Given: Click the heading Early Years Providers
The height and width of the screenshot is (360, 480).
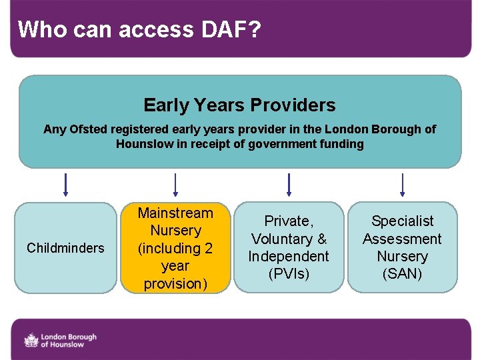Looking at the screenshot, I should tap(239, 105).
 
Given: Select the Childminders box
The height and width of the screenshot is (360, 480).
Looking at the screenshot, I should tap(65, 248).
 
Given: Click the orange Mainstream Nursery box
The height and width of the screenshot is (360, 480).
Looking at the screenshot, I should tap(175, 248).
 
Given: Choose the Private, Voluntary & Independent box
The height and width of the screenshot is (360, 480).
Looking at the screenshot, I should tap(289, 247).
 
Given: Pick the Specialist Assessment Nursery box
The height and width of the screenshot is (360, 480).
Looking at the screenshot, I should tap(402, 247).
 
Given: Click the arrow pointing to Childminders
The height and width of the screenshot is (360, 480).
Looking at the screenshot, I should tap(65, 185).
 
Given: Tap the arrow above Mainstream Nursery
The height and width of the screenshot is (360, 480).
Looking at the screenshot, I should tap(175, 185).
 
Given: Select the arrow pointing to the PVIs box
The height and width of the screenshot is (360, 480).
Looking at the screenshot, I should tap(289, 185).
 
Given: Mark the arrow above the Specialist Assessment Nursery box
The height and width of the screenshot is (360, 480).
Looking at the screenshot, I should tap(402, 185).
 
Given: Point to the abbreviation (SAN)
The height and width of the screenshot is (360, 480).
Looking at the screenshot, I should tap(402, 274).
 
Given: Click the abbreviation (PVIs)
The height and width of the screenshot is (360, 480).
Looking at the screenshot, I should tap(289, 274).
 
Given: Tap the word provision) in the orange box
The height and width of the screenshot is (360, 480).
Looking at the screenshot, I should tap(175, 283).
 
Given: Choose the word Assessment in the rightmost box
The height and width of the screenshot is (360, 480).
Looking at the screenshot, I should tap(402, 239).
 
